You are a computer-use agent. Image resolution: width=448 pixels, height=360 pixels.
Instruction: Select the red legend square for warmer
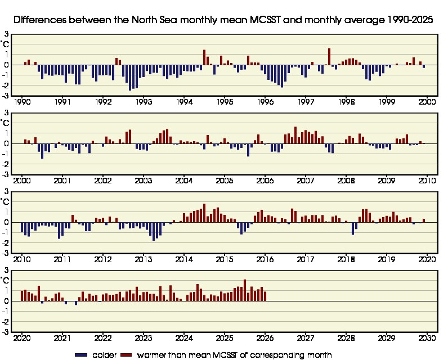coord(128,355)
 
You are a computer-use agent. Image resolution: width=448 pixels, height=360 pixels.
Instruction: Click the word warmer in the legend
coord(153,355)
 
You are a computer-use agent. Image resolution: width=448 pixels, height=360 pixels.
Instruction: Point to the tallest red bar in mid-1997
coord(329,56)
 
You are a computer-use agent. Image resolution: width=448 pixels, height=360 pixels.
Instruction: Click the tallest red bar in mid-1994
coord(204,57)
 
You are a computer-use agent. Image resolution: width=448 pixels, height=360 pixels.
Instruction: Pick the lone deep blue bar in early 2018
coord(353,228)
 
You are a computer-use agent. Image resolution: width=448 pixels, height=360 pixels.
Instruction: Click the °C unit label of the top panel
coord(5,43)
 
